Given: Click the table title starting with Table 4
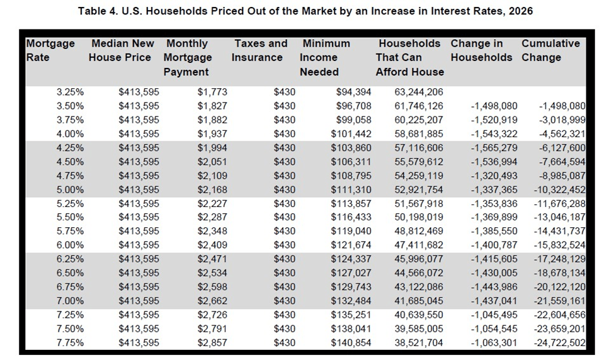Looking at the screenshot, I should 306,11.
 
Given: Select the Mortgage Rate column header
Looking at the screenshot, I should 50,50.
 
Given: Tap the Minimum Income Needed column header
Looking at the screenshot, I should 326,57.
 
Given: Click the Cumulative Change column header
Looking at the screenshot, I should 550,50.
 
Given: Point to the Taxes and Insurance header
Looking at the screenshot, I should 260,50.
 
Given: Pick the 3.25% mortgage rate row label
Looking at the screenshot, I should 70,92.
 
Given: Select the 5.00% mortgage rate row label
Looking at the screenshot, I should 70,189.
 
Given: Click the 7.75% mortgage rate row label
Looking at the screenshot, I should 70,342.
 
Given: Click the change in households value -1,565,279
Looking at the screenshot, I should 494,147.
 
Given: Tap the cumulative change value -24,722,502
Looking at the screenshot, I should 562,342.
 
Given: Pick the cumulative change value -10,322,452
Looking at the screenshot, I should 562,189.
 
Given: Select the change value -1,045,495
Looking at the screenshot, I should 494,315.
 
